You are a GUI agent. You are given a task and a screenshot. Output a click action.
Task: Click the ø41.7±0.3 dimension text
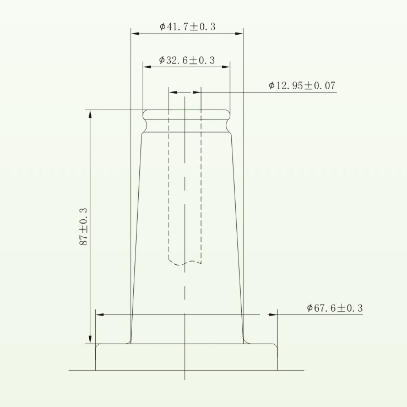[x=187, y=26]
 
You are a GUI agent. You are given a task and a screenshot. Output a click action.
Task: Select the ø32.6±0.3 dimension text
[x=187, y=60]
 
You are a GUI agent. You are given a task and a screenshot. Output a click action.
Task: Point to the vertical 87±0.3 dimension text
[x=84, y=226]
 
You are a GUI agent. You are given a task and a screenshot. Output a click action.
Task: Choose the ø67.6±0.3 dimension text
[x=334, y=308]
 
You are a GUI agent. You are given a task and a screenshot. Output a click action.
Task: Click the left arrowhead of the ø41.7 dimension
[x=135, y=34]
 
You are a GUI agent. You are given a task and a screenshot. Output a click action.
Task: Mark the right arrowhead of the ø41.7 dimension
[x=239, y=34]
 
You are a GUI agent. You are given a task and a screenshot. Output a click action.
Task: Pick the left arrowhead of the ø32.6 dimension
[x=147, y=67]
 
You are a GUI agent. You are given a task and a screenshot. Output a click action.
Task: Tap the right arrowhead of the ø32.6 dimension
[x=226, y=67]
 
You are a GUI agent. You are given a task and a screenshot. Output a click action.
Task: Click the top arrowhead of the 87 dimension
[x=90, y=114]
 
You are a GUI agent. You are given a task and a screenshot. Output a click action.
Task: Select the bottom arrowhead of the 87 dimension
[x=90, y=339]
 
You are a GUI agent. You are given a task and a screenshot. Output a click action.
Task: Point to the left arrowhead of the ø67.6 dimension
[x=100, y=315]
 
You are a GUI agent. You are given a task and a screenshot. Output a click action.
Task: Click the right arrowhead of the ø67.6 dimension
[x=272, y=315]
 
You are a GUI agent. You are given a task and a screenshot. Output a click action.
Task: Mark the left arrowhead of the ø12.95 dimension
[x=172, y=92]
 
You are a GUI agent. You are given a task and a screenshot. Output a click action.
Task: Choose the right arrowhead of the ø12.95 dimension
[x=198, y=92]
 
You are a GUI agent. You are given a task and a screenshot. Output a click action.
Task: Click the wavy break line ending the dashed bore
[x=184, y=263]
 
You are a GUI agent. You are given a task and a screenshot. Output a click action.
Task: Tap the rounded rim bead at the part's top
[x=186, y=115]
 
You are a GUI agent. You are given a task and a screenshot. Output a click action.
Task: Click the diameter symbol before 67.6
[x=310, y=308]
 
